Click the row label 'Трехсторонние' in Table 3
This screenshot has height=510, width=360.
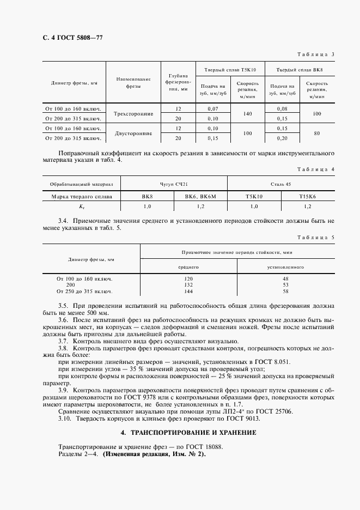pos(133,113)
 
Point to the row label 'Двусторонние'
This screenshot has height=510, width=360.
pos(133,133)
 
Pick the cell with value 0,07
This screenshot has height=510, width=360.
pos(212,109)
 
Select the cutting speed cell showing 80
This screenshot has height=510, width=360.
pos(316,133)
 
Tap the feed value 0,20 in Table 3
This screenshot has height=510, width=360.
pos(282,138)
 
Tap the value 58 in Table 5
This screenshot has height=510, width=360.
pos(285,290)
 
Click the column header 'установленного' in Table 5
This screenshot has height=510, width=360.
pos(285,268)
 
